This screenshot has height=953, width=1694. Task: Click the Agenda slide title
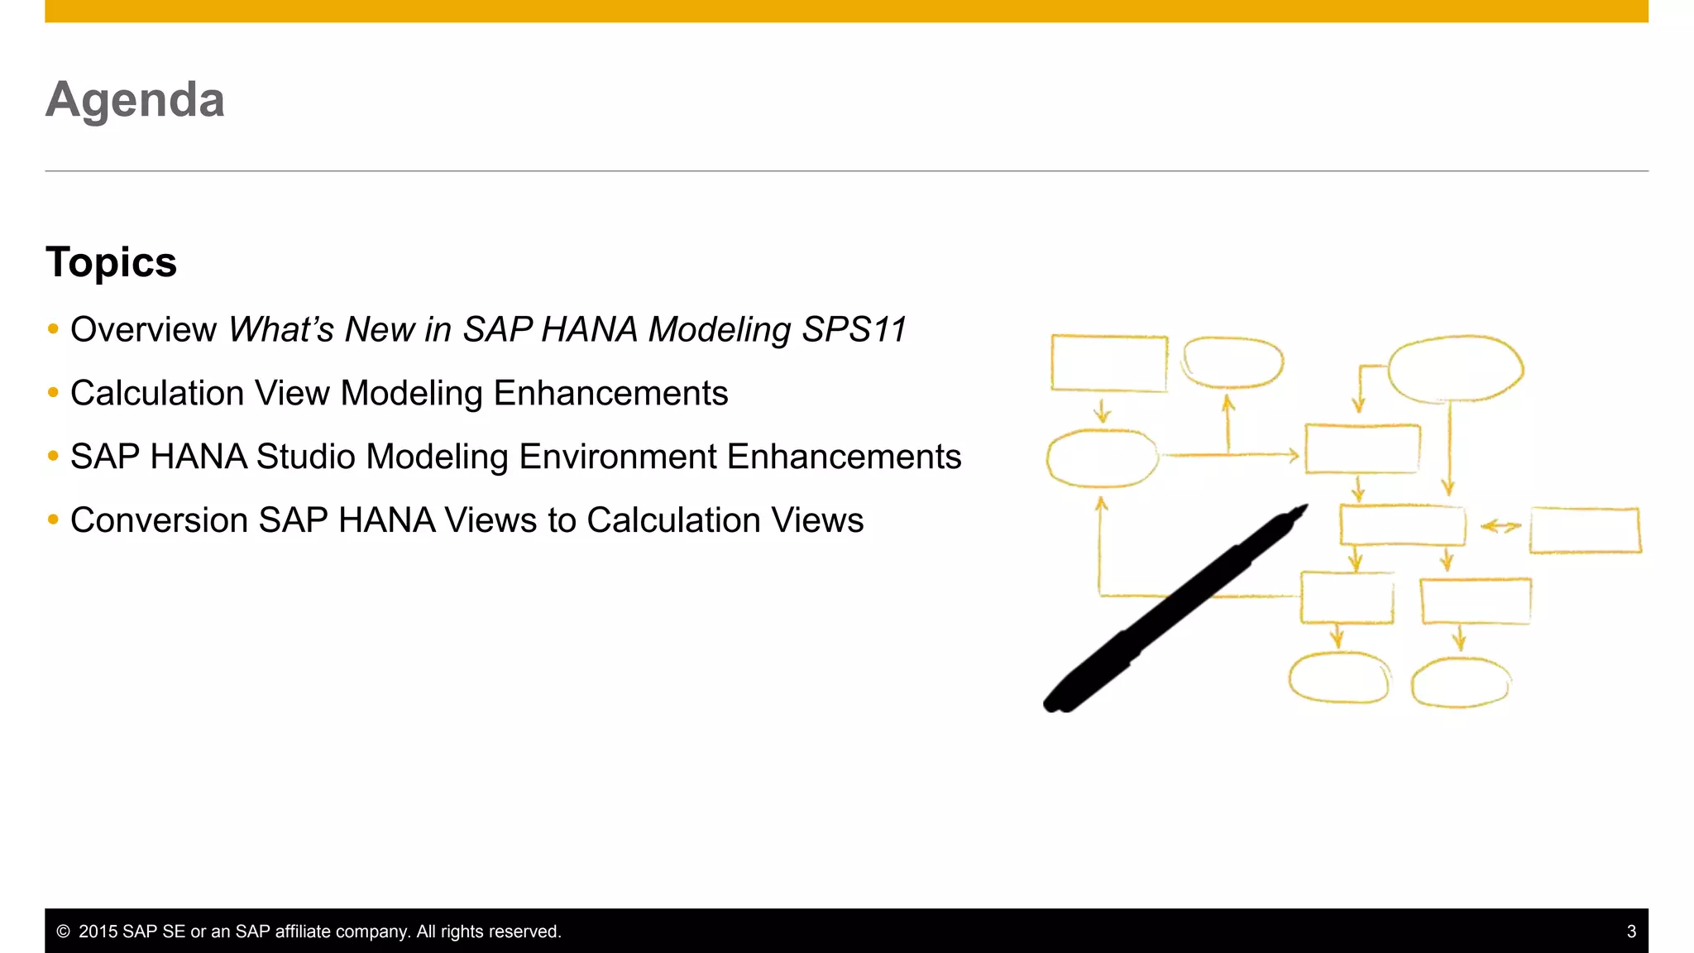coord(135,100)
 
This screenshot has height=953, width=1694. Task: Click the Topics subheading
coord(111,262)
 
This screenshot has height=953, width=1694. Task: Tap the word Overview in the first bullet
coord(143,329)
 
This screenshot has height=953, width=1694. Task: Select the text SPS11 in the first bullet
coord(854,329)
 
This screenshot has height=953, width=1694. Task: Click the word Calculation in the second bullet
coord(157,393)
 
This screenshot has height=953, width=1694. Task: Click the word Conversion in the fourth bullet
coord(159,520)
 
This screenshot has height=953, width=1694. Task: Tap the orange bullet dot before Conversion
coord(54,520)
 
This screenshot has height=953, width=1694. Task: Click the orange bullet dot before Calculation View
coord(54,392)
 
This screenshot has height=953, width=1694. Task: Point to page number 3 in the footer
coord(1630,931)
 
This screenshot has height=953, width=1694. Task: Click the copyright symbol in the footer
coord(63,931)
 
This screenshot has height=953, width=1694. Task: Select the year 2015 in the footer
coord(98,931)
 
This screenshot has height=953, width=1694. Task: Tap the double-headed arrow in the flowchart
coord(1500,526)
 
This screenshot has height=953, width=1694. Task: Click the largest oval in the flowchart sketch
coord(1455,369)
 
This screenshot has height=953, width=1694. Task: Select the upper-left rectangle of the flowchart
coord(1108,362)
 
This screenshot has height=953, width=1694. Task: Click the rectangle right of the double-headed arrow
coord(1585,530)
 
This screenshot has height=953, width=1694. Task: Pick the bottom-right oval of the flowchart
coord(1460,682)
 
